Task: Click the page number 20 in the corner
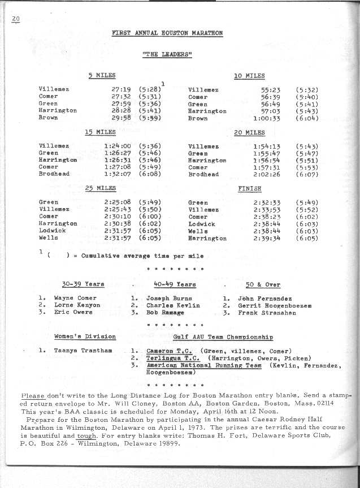point(15,19)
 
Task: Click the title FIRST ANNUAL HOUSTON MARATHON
point(167,33)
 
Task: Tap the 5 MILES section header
point(102,75)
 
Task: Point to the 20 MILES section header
point(249,132)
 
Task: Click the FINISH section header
point(249,189)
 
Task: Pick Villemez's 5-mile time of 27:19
point(122,89)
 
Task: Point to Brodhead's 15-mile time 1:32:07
point(118,174)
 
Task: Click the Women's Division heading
point(85,336)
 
